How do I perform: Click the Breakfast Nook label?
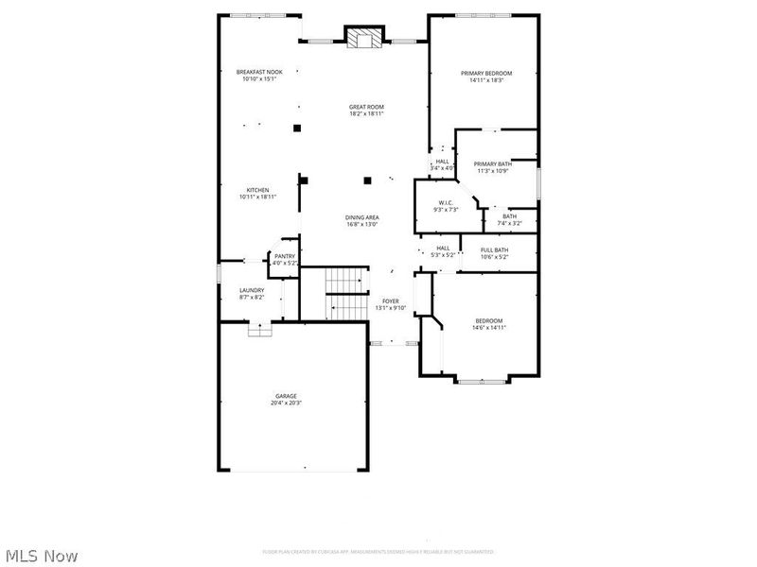coord(259,72)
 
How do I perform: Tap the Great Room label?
coord(367,107)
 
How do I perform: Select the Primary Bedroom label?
coord(486,73)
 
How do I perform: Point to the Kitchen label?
coord(258,189)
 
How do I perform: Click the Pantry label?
coord(285,255)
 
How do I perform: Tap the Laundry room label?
coord(252,290)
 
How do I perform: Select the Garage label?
coord(286,396)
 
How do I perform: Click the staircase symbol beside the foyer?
coord(347,293)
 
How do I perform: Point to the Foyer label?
coord(391,301)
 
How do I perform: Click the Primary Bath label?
coord(493,163)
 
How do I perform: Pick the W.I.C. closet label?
coord(445,202)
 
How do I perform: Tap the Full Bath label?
coord(495,249)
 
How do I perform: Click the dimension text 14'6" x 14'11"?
coord(489,327)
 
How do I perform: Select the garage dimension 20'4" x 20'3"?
coord(286,403)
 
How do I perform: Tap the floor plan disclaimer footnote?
coord(378,552)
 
